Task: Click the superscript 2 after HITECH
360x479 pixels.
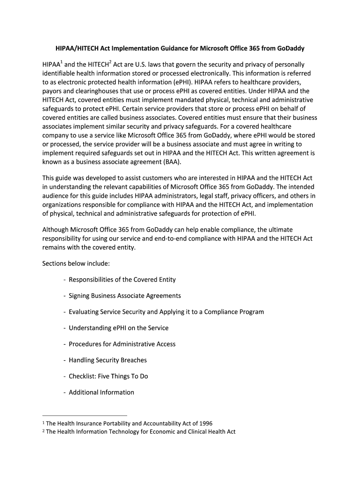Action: click(109, 62)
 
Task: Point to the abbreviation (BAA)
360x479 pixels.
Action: click(169, 162)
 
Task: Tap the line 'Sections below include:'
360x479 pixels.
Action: click(76, 263)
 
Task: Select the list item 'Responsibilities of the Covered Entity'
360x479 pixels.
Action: click(122, 280)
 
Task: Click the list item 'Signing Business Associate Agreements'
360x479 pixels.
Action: click(124, 296)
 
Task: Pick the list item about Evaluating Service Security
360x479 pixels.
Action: click(166, 312)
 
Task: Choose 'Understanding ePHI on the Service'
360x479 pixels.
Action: click(118, 328)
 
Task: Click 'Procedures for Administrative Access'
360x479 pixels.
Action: click(122, 344)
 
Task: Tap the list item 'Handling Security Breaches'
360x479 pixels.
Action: click(108, 360)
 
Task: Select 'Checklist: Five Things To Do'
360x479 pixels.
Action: click(108, 376)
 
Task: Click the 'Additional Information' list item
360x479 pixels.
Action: click(101, 392)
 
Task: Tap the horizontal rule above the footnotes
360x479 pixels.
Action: click(85, 415)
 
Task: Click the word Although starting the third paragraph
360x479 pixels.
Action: click(56, 230)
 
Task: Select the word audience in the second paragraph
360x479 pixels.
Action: click(55, 196)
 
